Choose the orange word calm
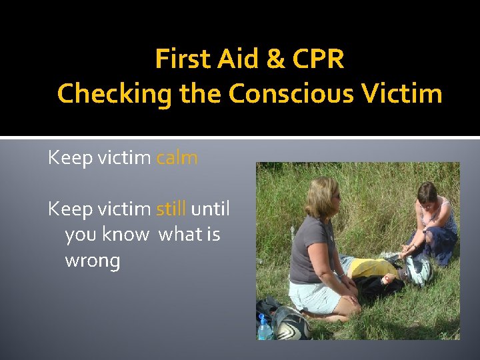point(177,158)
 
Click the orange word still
point(171,209)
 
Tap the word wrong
point(92,261)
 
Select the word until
point(210,209)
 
